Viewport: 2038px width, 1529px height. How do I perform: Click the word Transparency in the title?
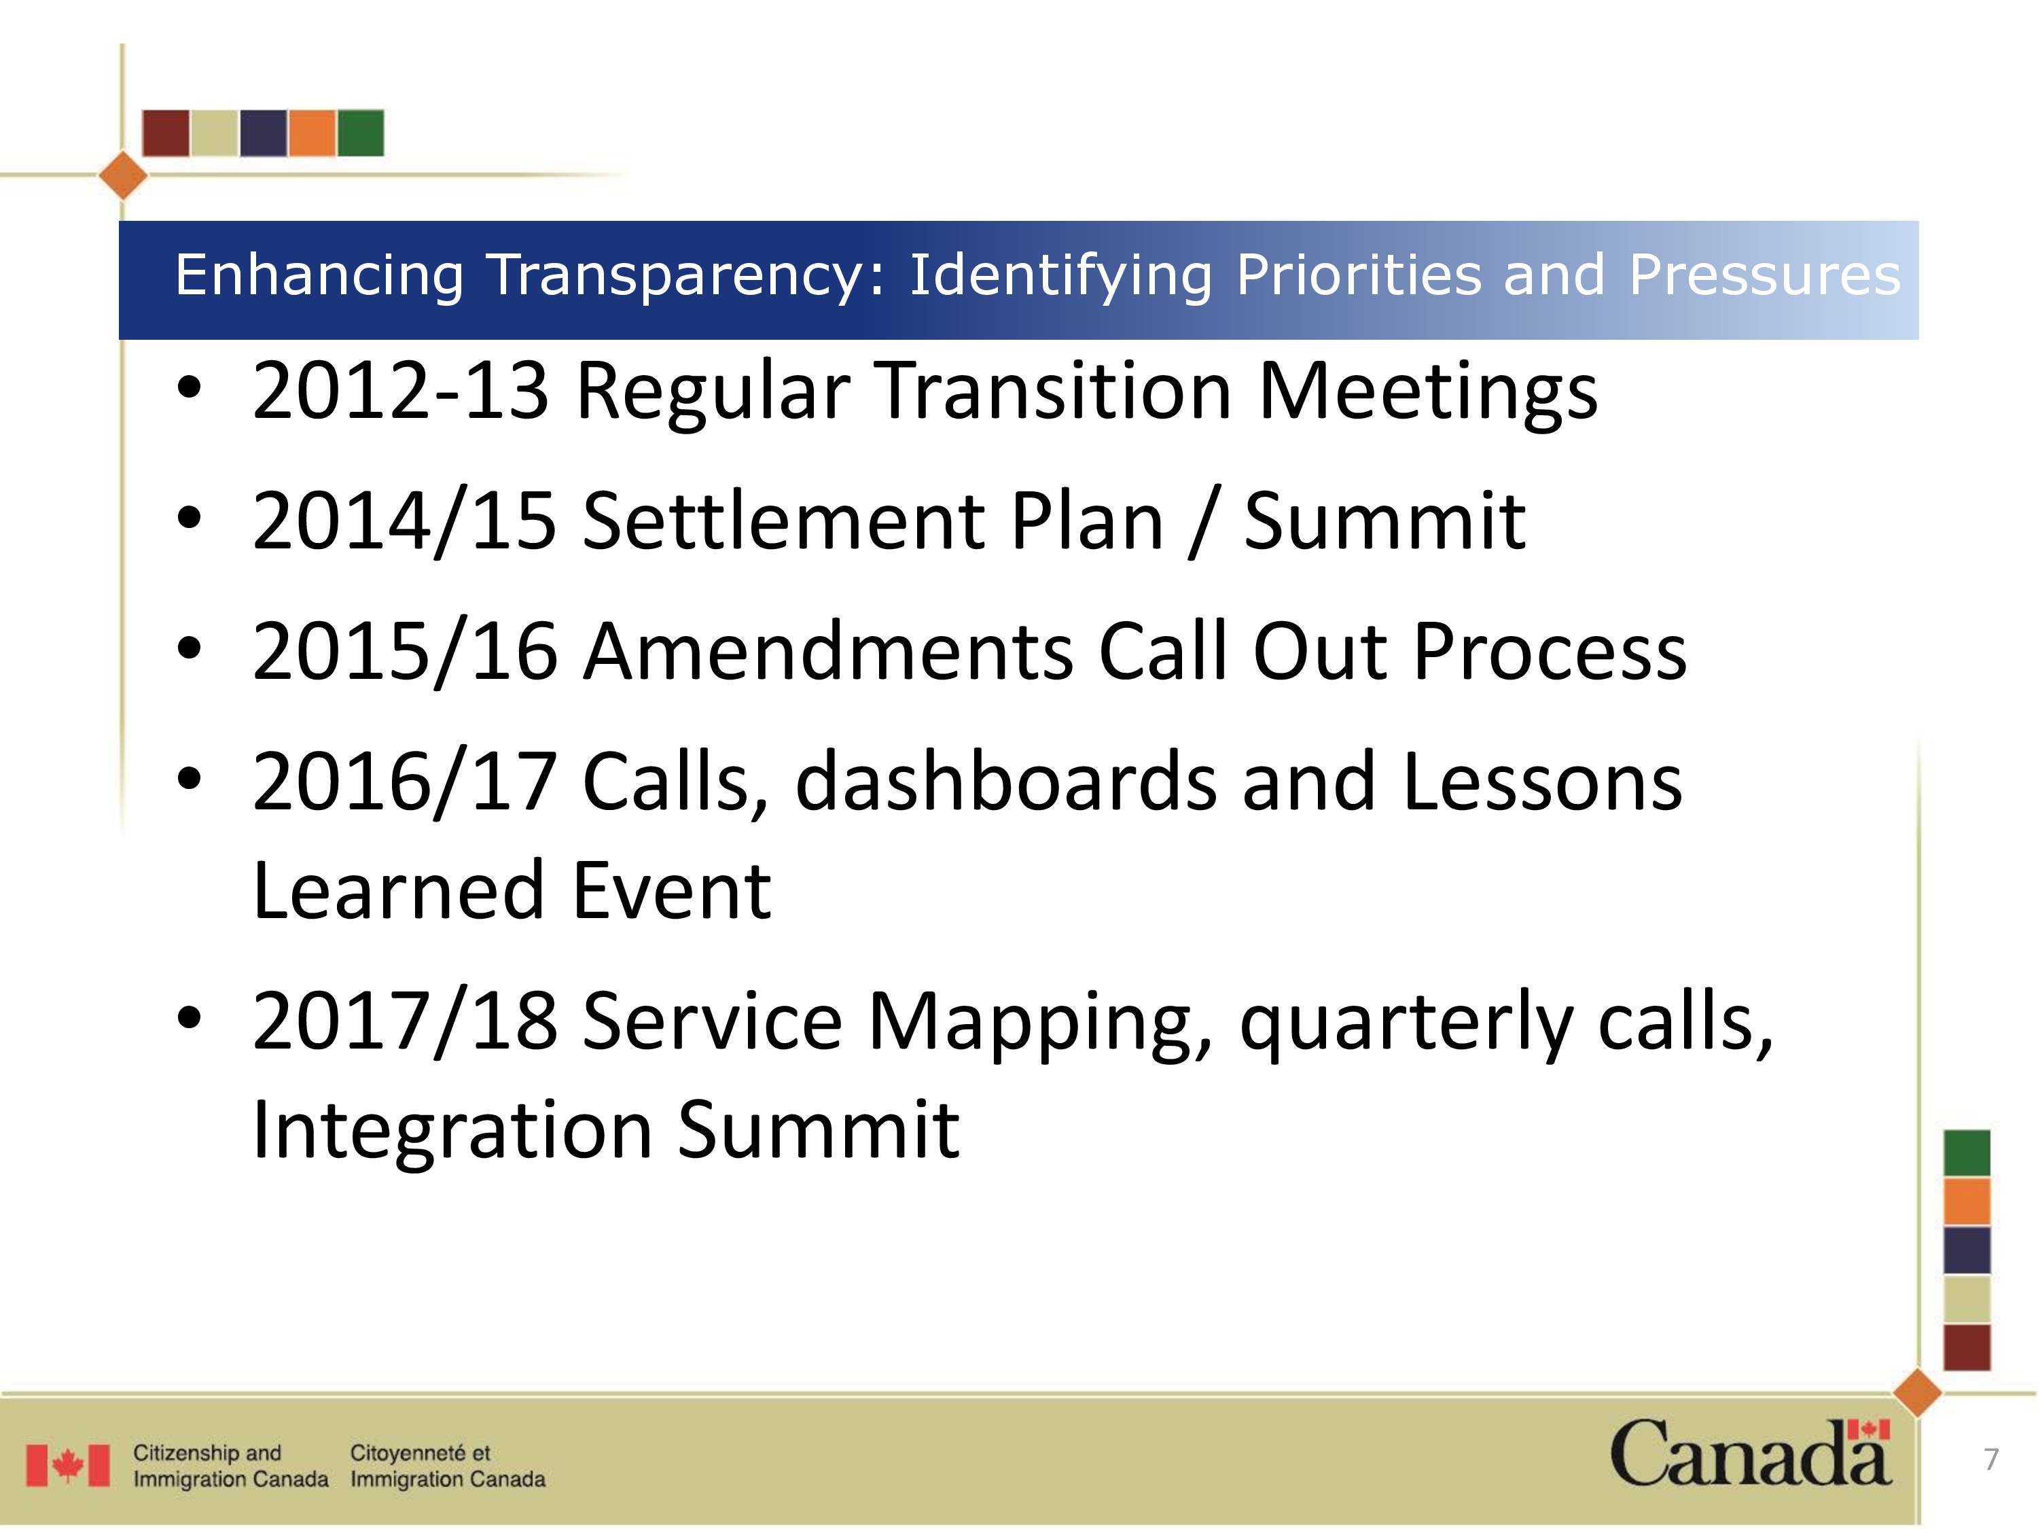686,277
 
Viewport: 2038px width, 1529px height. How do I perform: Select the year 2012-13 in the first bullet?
401,391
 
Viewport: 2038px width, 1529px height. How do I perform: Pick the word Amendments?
828,652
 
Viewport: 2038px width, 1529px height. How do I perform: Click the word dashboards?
1006,781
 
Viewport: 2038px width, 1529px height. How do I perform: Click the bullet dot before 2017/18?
189,1019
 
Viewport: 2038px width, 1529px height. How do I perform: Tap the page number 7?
1991,1459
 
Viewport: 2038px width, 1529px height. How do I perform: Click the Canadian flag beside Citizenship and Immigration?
67,1465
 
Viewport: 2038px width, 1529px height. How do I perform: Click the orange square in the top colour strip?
311,133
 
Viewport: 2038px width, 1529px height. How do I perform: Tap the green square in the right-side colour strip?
1967,1153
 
